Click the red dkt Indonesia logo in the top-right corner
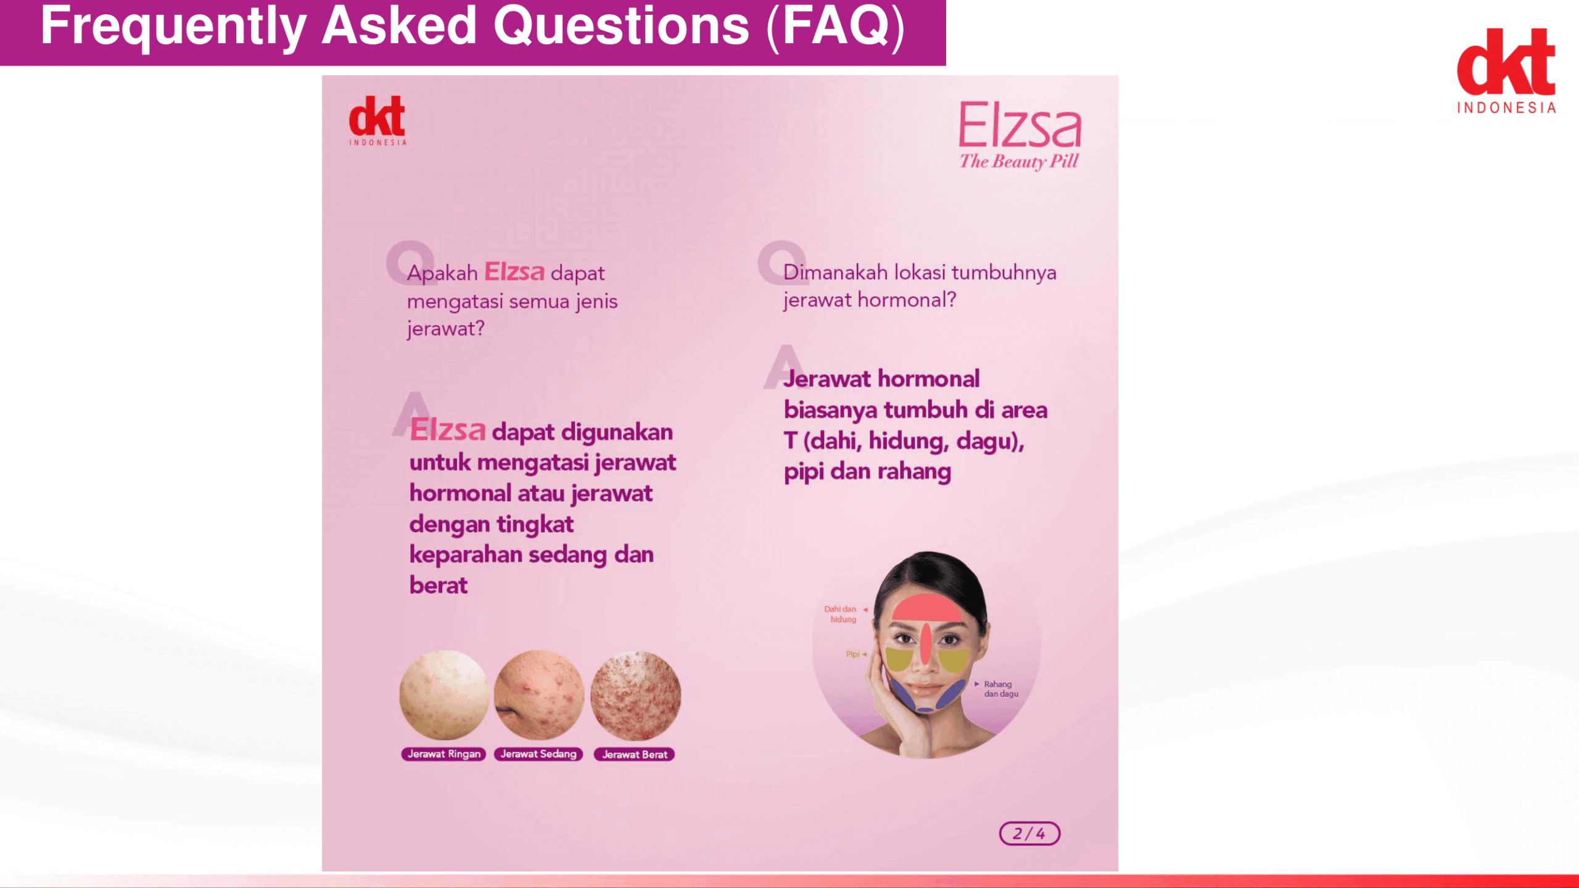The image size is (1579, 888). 1506,71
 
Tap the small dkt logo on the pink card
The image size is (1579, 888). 377,121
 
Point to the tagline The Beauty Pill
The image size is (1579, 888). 1018,162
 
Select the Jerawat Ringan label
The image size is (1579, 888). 443,754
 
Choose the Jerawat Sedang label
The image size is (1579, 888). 538,754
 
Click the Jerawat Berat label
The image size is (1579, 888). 634,754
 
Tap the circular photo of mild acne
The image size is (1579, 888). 444,695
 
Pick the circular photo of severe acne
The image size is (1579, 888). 635,695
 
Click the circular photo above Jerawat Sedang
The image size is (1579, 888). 539,695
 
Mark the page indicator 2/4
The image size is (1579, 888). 1029,834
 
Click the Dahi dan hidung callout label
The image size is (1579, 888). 841,614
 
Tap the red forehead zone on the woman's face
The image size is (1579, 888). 926,608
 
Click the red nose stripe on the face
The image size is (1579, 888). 926,644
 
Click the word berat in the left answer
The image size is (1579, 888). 439,585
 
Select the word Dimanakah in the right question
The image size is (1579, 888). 835,272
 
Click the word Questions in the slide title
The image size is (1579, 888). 621,26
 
